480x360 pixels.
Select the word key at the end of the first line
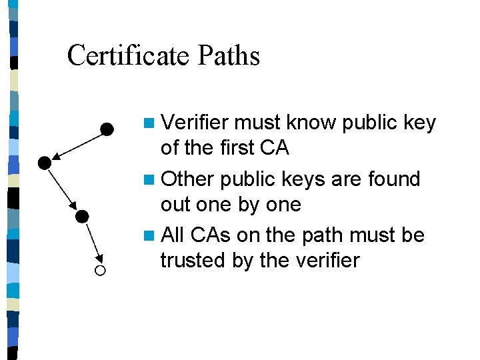(x=420, y=123)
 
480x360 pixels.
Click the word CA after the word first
(x=274, y=147)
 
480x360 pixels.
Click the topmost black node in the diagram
(x=106, y=129)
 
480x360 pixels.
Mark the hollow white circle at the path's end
(x=100, y=270)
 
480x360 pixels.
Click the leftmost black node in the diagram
(x=44, y=162)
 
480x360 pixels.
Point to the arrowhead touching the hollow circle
(x=98, y=259)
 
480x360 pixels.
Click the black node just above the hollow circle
(x=82, y=216)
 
